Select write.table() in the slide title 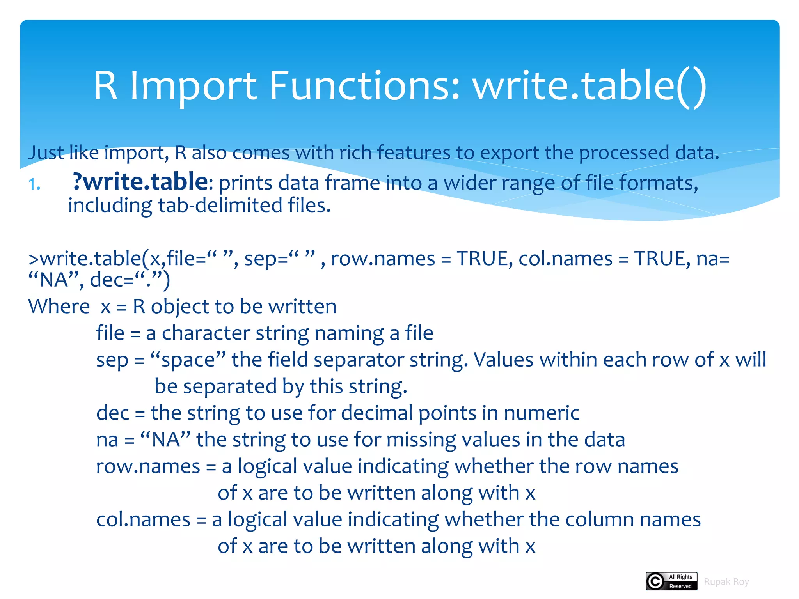click(589, 86)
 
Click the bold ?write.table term click(140, 182)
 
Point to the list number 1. click(34, 184)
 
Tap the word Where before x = click(59, 307)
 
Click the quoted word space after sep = click(188, 360)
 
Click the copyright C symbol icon click(655, 581)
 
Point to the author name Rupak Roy click(726, 582)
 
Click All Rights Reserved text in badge click(680, 581)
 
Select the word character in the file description click(206, 333)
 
